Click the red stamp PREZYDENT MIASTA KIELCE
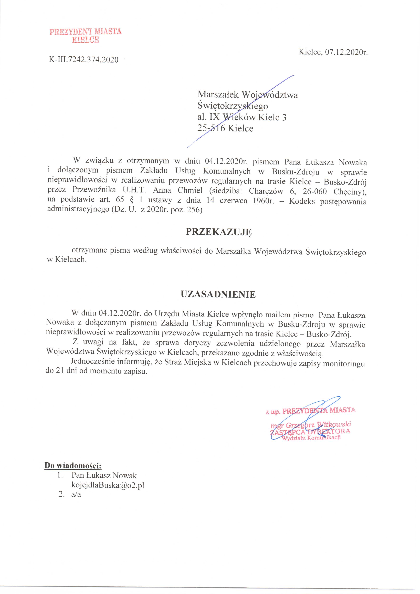click(85, 35)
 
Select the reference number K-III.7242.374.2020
click(83, 60)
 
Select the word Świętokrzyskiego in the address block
click(233, 106)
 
